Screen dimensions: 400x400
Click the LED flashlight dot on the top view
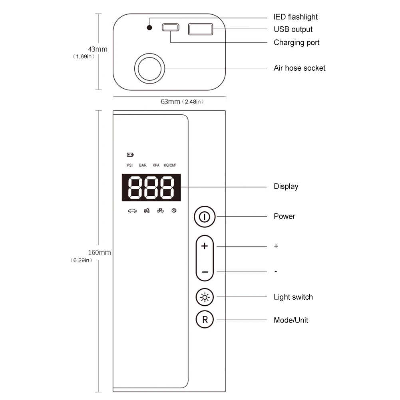(x=149, y=28)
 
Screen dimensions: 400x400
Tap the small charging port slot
(x=170, y=28)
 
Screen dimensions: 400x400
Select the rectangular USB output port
(x=201, y=29)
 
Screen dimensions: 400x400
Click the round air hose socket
(x=149, y=69)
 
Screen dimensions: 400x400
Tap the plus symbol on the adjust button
(x=205, y=246)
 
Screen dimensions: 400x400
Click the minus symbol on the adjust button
(x=205, y=272)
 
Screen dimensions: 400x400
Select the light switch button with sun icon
(x=205, y=297)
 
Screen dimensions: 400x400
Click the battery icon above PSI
(x=130, y=155)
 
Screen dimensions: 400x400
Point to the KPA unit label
(x=156, y=165)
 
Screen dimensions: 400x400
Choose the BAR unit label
(x=143, y=165)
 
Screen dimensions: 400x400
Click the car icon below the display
(x=132, y=210)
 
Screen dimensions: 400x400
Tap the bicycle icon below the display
(x=160, y=210)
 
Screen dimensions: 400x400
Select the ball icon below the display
(x=174, y=210)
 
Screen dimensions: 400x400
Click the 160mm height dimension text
(x=100, y=253)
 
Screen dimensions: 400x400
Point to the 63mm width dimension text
(x=171, y=101)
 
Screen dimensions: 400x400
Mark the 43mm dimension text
(x=98, y=49)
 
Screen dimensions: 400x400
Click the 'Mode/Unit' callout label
(x=291, y=320)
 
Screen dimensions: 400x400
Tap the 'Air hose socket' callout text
(x=299, y=68)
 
